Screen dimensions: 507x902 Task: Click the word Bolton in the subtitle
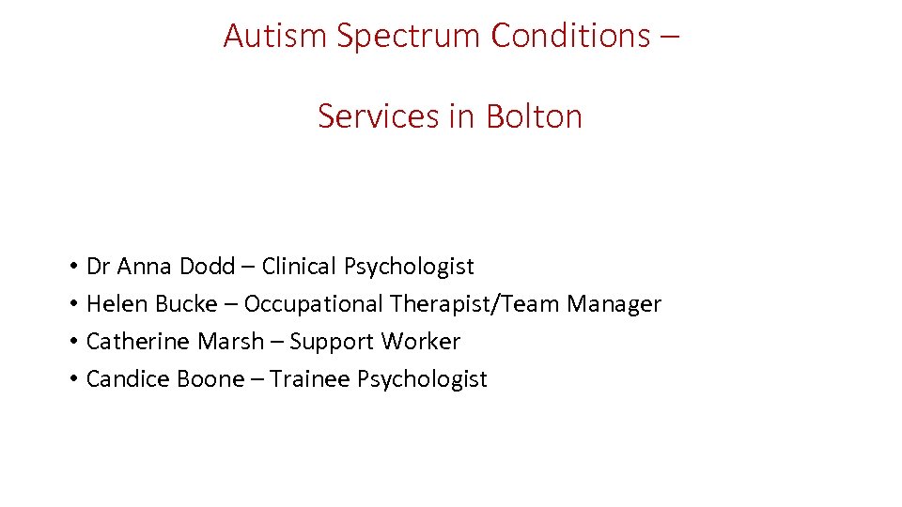pyautogui.click(x=534, y=116)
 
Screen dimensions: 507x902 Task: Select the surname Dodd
pyautogui.click(x=208, y=267)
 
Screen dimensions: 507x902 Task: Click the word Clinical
pyautogui.click(x=300, y=267)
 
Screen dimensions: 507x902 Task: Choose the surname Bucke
pyautogui.click(x=186, y=304)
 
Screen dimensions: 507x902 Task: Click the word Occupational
pyautogui.click(x=313, y=305)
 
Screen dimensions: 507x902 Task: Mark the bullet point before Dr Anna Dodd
pyautogui.click(x=72, y=268)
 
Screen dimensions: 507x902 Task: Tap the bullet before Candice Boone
pyautogui.click(x=72, y=380)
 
